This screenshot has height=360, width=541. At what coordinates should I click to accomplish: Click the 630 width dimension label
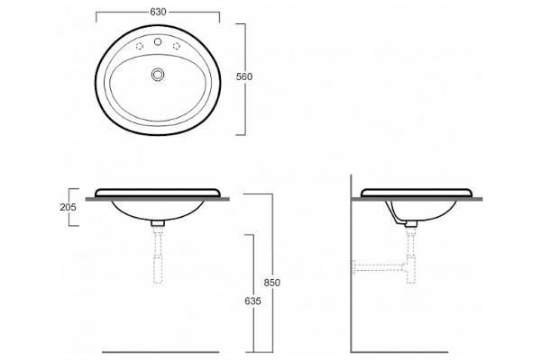[158, 12]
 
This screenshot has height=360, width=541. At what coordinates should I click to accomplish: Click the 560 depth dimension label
[244, 76]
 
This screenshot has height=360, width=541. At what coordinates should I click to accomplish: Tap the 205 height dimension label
[68, 207]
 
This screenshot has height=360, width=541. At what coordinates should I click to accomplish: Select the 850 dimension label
[272, 283]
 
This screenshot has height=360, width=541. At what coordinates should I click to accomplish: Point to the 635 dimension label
[252, 301]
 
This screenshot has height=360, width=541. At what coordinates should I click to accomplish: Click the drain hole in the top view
[158, 75]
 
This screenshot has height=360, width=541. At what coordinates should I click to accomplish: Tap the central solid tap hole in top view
[158, 42]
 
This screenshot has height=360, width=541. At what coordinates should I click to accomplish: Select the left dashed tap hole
[140, 46]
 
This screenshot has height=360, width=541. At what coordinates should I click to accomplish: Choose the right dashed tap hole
[177, 46]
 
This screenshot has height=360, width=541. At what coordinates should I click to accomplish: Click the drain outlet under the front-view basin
[158, 223]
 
